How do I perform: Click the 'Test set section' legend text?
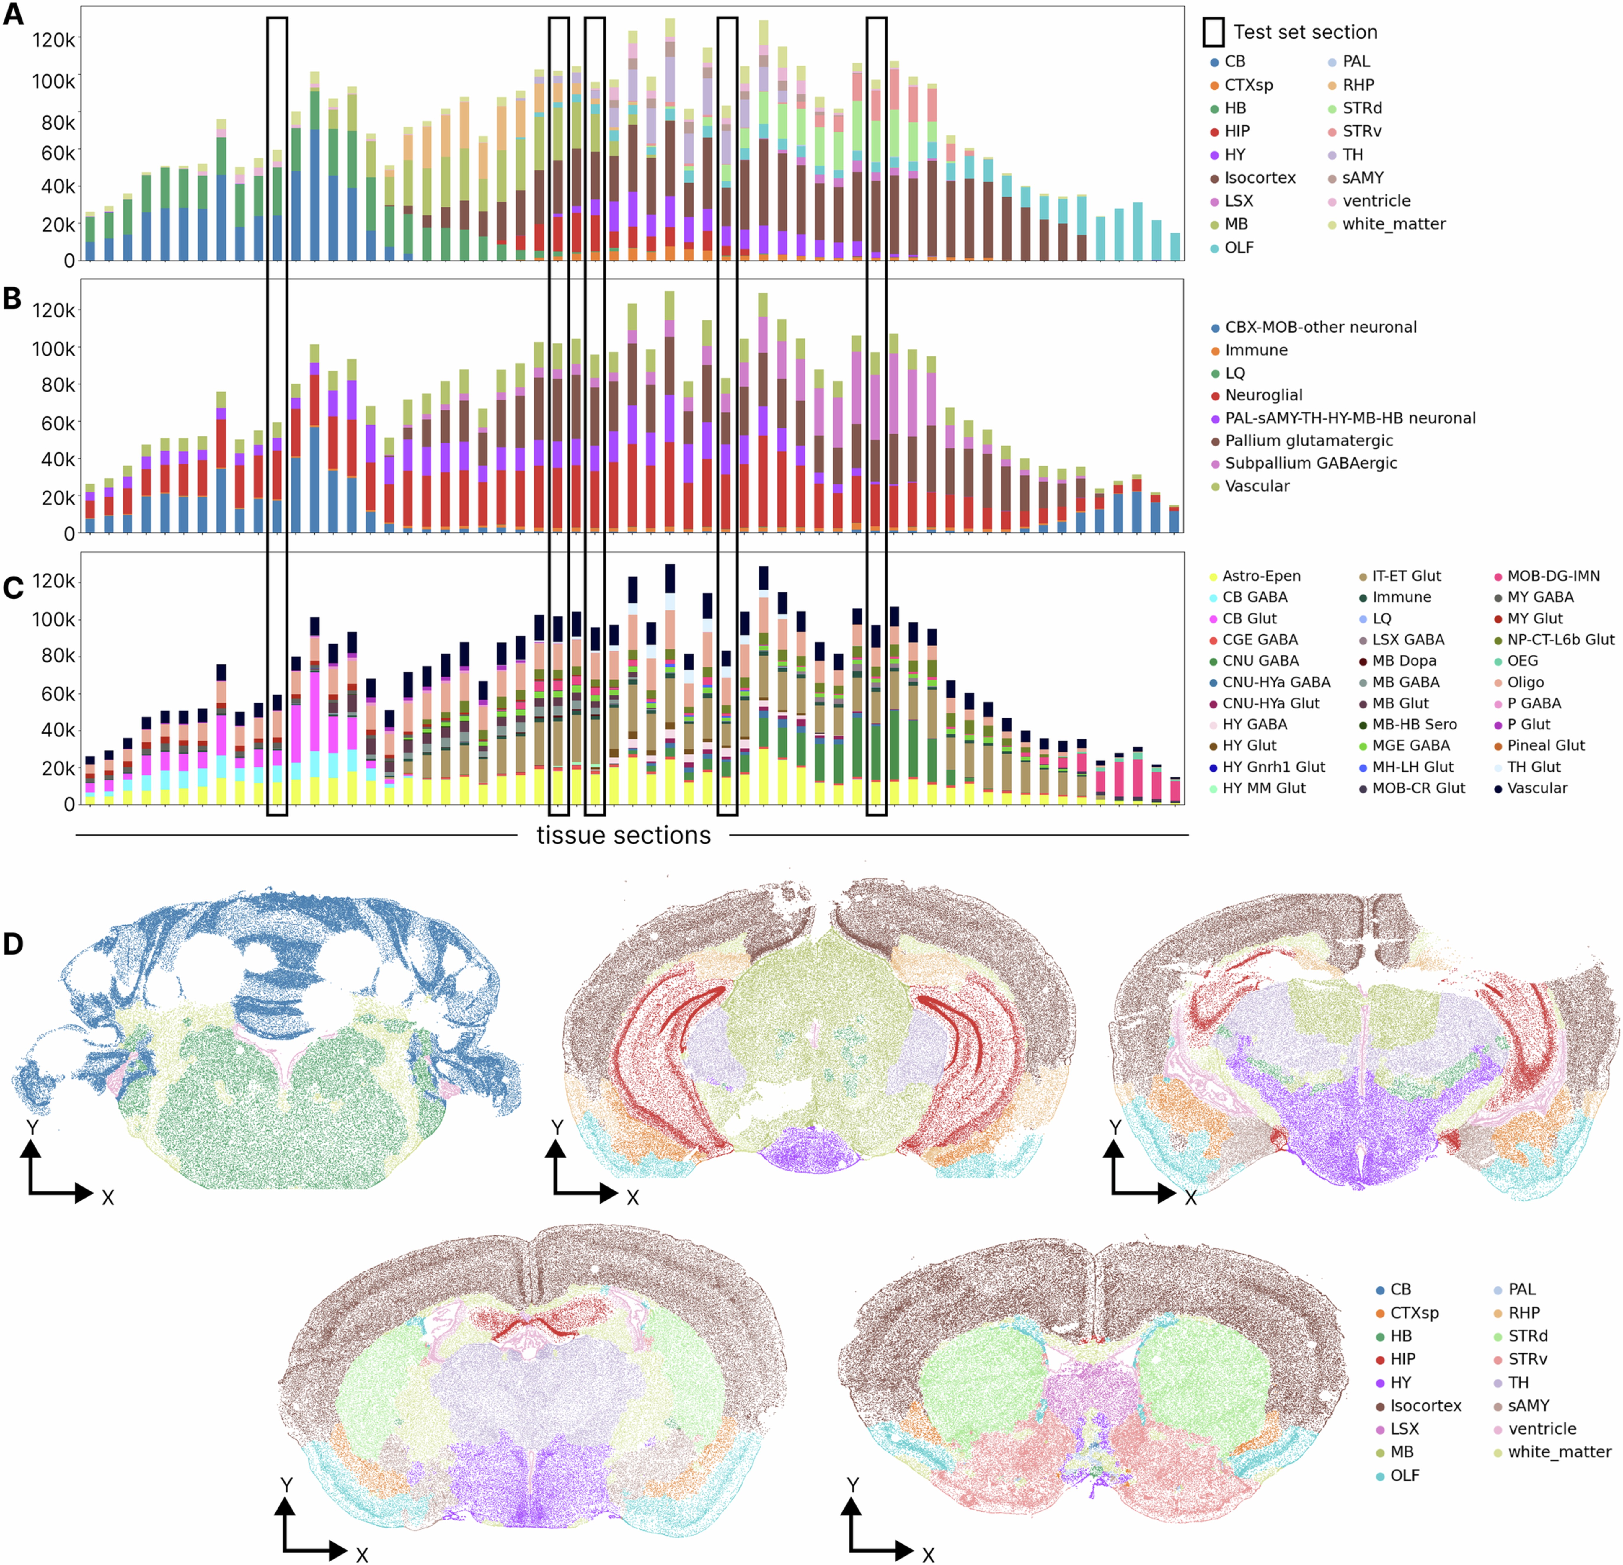click(x=1305, y=32)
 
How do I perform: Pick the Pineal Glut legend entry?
click(x=1545, y=746)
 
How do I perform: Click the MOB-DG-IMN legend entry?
click(x=1553, y=576)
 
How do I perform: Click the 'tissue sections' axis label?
click(x=624, y=835)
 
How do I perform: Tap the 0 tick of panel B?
click(x=70, y=534)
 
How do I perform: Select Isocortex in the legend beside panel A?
click(x=1260, y=178)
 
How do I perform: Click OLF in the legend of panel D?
click(x=1405, y=1476)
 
